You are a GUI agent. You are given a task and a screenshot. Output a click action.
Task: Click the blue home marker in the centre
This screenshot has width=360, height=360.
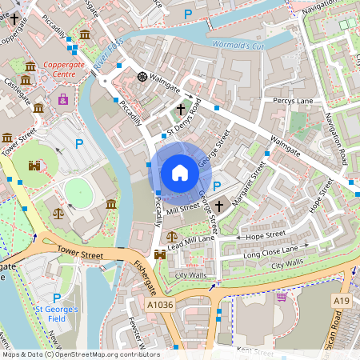coord(180,173)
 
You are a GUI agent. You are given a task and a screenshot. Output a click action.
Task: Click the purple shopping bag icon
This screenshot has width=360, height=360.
coord(63,99)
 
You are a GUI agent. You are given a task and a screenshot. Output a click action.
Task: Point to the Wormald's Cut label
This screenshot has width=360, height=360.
coord(237,45)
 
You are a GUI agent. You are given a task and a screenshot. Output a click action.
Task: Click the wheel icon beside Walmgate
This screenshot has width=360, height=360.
coord(142,77)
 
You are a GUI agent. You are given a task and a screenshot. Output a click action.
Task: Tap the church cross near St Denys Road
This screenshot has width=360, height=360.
coord(181,108)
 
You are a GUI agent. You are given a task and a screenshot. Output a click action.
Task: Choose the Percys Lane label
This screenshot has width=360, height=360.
coord(293,101)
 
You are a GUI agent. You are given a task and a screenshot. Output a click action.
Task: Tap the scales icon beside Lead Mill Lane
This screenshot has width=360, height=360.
coord(172,237)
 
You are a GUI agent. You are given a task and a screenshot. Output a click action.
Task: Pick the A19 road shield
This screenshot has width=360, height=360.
coord(342,298)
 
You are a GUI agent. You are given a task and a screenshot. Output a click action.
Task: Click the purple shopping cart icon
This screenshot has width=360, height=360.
coord(282,297)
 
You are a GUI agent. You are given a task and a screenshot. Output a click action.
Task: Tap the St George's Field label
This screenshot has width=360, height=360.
coord(56,314)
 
